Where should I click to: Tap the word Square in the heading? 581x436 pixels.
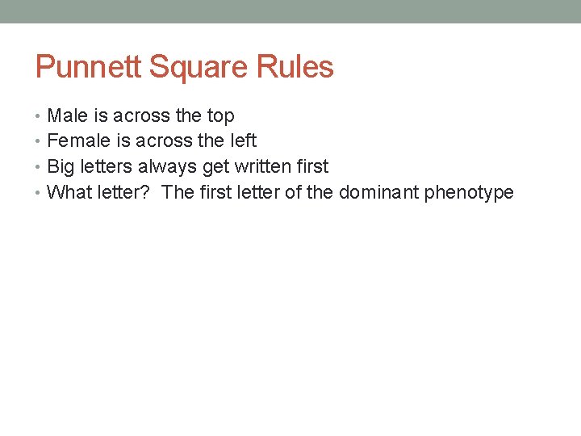(186, 67)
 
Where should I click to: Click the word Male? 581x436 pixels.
(68, 115)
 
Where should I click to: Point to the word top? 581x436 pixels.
(220, 116)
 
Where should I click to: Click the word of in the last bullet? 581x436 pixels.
(293, 193)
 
